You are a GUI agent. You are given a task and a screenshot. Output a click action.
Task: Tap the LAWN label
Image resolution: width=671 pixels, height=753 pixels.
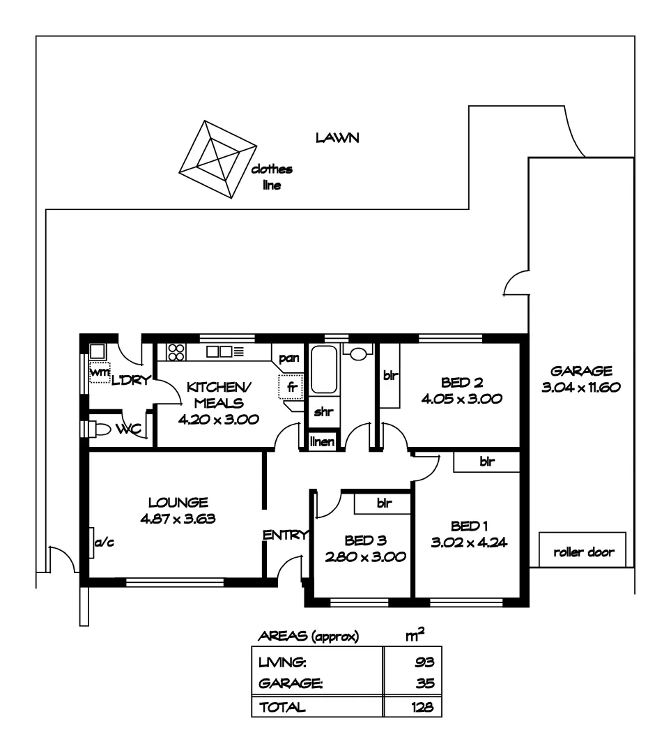pyautogui.click(x=337, y=138)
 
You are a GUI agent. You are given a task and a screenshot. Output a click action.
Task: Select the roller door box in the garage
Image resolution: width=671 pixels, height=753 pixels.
pyautogui.click(x=583, y=552)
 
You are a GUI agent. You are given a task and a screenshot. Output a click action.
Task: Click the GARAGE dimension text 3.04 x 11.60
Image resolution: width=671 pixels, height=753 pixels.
pyautogui.click(x=580, y=388)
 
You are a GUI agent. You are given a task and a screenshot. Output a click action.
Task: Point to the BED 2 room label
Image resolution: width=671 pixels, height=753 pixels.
pyautogui.click(x=462, y=383)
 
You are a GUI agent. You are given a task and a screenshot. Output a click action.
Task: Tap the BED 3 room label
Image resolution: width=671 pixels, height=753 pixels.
pyautogui.click(x=366, y=540)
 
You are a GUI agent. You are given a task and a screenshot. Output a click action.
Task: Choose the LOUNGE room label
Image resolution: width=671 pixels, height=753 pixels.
pyautogui.click(x=178, y=502)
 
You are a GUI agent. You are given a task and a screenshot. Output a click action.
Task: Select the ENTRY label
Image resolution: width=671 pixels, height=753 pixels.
pyautogui.click(x=285, y=535)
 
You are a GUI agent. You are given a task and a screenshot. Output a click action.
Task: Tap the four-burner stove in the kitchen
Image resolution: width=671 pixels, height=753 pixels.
pyautogui.click(x=175, y=351)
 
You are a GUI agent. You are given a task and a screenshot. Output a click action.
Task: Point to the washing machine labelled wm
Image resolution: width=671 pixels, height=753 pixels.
pyautogui.click(x=100, y=372)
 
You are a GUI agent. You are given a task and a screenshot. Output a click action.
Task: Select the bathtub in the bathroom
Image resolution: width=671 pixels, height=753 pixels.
pyautogui.click(x=324, y=370)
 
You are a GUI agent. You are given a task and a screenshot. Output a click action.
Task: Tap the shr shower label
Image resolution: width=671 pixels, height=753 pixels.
pyautogui.click(x=323, y=412)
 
